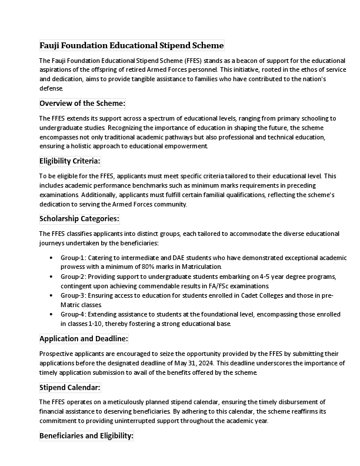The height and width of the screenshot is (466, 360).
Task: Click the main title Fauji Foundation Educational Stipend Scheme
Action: pos(131,45)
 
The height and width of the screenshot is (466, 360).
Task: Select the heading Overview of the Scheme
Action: pos(82,104)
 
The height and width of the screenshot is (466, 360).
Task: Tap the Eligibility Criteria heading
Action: pos(69,161)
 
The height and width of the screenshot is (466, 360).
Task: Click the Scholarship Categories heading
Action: pos(79,219)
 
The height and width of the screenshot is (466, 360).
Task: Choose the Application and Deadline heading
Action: pos(84,339)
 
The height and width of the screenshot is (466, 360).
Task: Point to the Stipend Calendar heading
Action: pos(69,388)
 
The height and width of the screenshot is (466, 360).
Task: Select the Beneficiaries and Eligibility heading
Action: pos(86,436)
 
